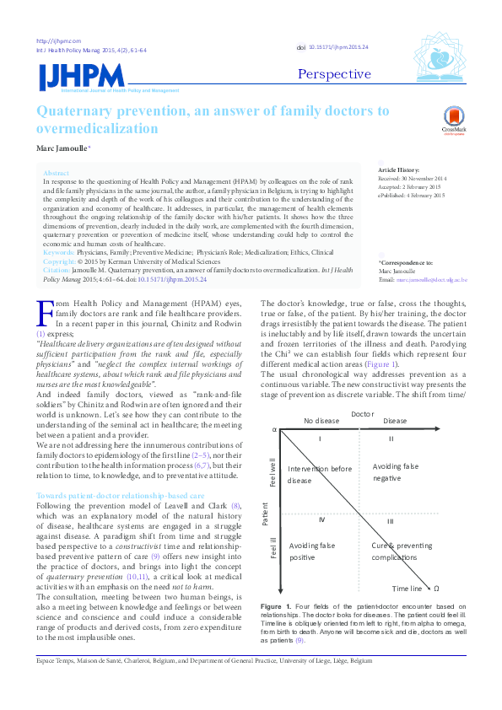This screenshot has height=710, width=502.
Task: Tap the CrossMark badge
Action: [454, 121]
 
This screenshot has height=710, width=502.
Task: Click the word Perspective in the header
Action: [334, 74]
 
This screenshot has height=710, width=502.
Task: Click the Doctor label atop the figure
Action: [361, 414]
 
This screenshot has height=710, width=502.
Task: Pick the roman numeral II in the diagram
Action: [391, 438]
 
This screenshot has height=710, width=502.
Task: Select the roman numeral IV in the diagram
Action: [321, 520]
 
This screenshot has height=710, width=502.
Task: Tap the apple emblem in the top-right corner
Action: [438, 57]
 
